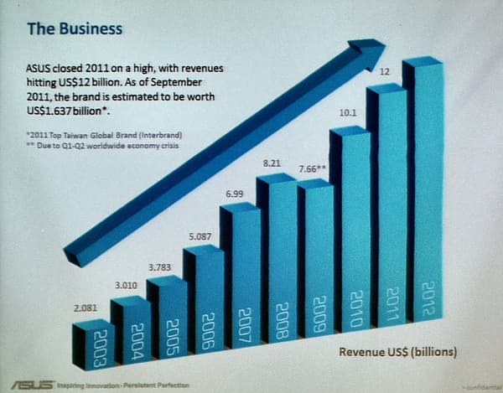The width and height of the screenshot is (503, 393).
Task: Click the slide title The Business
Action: coord(75,28)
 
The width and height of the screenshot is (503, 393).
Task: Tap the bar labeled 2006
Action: coord(205,310)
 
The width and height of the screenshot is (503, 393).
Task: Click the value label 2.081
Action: coord(86,308)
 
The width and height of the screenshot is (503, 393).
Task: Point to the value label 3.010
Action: coord(124,286)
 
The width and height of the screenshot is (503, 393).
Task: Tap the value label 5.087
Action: coord(200,236)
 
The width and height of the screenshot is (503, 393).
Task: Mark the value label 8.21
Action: coord(272,164)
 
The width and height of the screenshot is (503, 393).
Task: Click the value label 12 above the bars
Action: coord(386,72)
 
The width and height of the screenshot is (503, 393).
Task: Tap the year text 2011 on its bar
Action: coord(389,297)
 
